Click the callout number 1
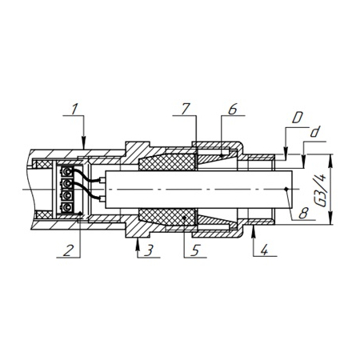pyautogui.click(x=75, y=109)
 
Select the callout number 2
pyautogui.click(x=68, y=250)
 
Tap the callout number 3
pyautogui.click(x=149, y=250)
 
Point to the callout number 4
pyautogui.click(x=264, y=250)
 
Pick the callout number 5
pyautogui.click(x=195, y=250)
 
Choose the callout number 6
pyautogui.click(x=233, y=109)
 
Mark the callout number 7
pyautogui.click(x=185, y=109)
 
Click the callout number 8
pyautogui.click(x=303, y=214)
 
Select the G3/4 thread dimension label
pyautogui.click(x=322, y=190)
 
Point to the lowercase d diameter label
pyautogui.click(x=315, y=132)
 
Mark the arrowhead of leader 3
pyautogui.click(x=138, y=243)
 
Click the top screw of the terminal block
pyautogui.click(x=67, y=172)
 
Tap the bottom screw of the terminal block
pyautogui.click(x=67, y=207)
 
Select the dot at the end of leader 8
pyautogui.click(x=286, y=189)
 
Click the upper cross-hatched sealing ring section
pyautogui.click(x=166, y=162)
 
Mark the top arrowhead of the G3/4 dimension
pyautogui.click(x=330, y=160)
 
